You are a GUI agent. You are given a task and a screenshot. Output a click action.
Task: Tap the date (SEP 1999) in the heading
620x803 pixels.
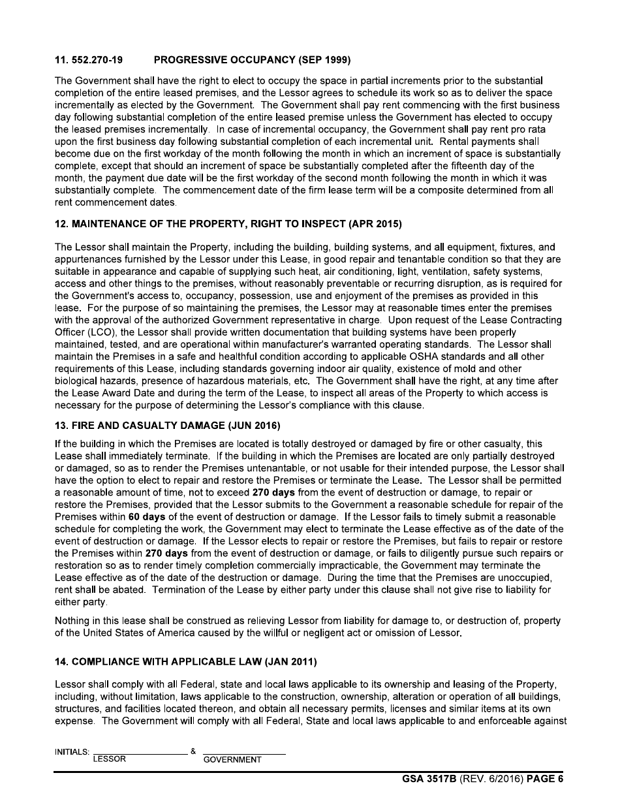point(324,61)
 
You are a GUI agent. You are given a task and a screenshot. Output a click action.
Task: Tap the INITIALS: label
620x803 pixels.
point(72,752)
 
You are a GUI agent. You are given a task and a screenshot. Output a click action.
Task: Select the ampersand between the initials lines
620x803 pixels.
point(193,751)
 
